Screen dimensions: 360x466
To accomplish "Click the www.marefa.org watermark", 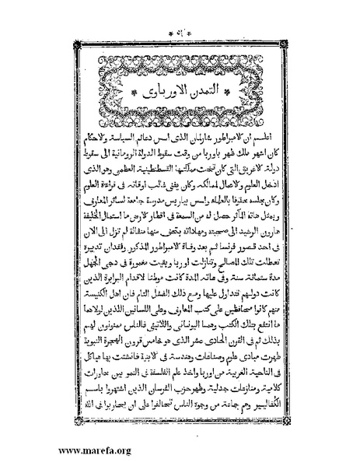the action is [x=50, y=449].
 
